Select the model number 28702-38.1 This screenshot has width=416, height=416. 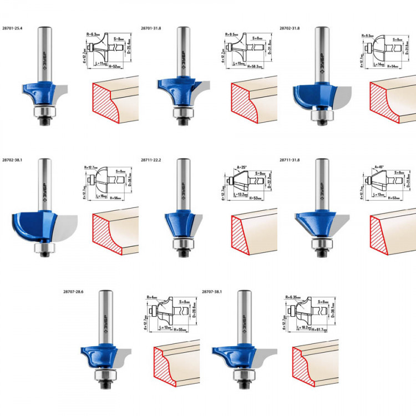(x=14, y=159)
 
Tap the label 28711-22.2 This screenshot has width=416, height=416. (x=153, y=159)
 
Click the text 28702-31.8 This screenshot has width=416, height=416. (x=291, y=27)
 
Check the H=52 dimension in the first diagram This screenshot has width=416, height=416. (x=116, y=66)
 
